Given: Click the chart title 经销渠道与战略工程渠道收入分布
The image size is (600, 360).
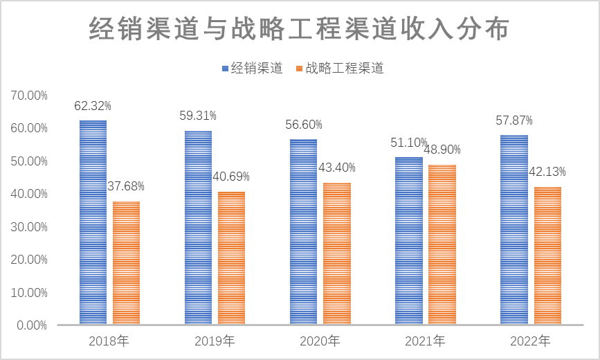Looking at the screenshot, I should (300, 29).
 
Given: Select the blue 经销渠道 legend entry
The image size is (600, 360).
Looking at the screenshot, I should (252, 68).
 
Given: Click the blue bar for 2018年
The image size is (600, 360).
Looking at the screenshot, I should (93, 222).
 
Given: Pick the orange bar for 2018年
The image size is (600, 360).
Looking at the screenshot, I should (126, 262).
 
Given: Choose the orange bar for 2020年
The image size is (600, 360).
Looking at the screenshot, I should (337, 253).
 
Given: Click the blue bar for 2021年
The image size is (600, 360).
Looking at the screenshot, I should (408, 240).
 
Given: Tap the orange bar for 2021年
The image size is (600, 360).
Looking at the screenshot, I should (442, 244).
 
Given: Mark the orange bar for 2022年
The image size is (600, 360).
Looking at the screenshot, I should (547, 255).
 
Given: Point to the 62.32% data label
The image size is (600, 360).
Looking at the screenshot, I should (93, 106).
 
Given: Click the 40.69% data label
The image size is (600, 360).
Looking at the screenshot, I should (230, 177).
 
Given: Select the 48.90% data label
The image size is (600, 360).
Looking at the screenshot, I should (442, 150).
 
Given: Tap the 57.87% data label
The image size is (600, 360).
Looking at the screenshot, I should (514, 120).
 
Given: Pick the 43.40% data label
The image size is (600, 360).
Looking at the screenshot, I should (336, 168).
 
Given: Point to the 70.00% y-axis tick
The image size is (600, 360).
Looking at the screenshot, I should (29, 96).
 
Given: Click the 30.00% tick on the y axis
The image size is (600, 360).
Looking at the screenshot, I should (29, 227).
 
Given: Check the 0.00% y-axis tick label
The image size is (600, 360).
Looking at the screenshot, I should (31, 325).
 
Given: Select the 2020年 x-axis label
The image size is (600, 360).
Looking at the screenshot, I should (320, 341).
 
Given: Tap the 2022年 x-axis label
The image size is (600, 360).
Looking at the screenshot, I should (530, 341).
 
